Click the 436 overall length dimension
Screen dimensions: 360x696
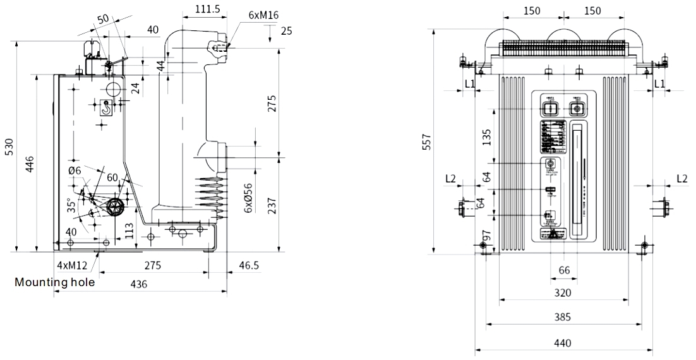[139, 284]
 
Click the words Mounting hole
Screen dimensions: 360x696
[55, 282]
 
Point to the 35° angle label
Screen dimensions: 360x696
[73, 205]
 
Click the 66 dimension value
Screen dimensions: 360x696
[563, 270]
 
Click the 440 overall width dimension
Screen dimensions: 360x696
[563, 343]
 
